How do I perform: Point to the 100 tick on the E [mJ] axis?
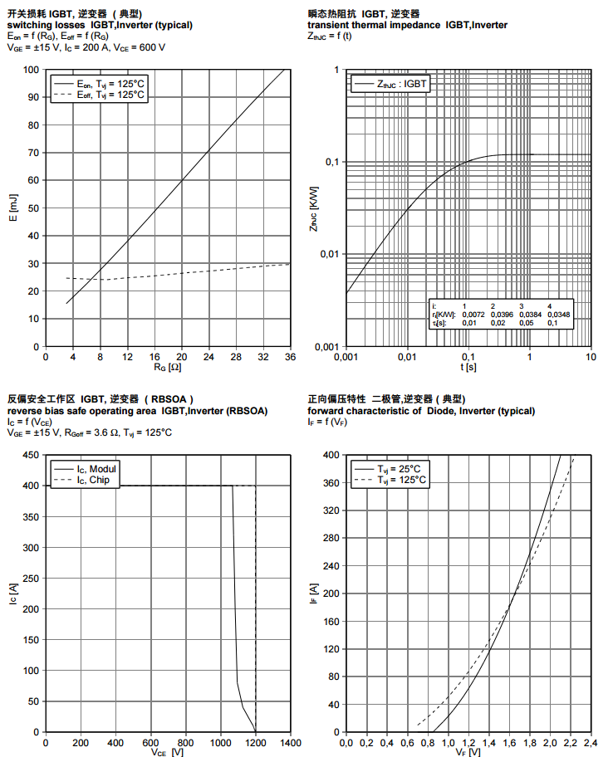pos(32,70)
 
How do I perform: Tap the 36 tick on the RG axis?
pos(290,356)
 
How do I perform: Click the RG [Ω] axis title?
pos(166,366)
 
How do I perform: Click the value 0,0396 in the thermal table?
pos(503,315)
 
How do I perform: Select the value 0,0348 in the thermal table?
pos(559,315)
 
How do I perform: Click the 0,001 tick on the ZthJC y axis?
pos(327,346)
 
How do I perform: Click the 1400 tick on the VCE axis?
pos(290,743)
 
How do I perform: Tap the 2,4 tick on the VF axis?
pos(591,743)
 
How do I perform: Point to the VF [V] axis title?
pos(468,752)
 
